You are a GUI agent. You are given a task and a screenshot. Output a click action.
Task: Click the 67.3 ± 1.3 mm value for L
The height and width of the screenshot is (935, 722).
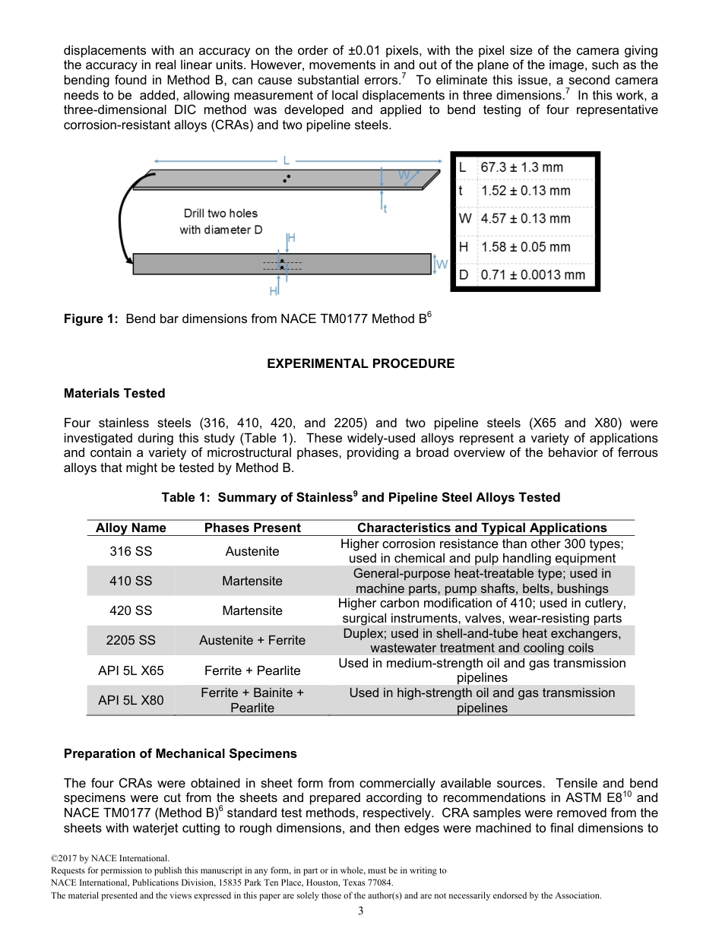coord(521,167)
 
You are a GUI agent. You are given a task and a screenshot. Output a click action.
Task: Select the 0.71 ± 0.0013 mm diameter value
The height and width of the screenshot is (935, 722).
coord(533,274)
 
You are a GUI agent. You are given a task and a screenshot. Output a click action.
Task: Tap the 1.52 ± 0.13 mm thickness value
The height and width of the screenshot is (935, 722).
coord(525,191)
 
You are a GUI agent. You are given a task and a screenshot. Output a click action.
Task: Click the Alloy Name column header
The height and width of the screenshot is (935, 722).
coord(131,528)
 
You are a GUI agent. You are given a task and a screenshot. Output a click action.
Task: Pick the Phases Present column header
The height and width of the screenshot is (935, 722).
coord(252,528)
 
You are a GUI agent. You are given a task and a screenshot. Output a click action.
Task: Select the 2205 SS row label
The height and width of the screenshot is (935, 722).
coord(131,640)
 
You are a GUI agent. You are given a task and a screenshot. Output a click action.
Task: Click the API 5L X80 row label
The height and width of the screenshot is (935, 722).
coord(131,700)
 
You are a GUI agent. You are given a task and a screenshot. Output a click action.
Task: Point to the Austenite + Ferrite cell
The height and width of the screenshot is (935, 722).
coord(252,640)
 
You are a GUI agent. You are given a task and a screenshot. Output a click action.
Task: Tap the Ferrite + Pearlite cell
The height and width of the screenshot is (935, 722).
coord(252,670)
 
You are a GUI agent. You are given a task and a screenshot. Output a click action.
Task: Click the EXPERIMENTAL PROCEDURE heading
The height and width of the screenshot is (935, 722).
coord(360,363)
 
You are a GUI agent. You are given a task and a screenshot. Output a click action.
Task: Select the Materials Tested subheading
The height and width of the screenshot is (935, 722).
coord(114,393)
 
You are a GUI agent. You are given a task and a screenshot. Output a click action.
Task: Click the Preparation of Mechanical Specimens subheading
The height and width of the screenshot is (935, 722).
coord(180,753)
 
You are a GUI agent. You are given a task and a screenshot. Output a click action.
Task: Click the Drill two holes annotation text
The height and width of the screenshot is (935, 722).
coord(220,214)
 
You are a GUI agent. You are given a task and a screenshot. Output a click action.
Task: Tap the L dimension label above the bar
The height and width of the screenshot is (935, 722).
coord(287,160)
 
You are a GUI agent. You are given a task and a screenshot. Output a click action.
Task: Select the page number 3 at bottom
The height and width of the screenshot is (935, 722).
coord(360,911)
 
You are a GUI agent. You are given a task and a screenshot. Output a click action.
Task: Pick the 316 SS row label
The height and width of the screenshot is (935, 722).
coord(131,551)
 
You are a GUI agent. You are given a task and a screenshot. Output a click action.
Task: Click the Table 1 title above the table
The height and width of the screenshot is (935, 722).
coord(360,497)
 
